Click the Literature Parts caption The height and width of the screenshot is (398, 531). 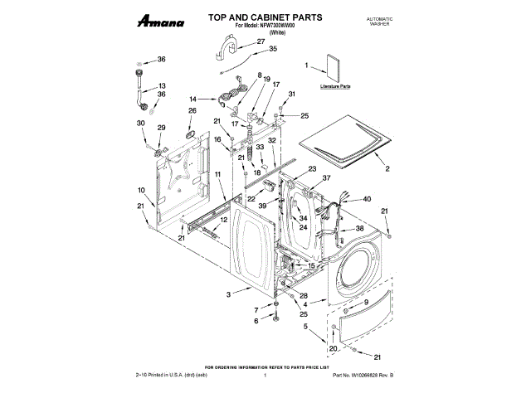334,86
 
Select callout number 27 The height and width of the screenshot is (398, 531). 261,41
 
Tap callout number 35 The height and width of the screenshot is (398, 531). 272,49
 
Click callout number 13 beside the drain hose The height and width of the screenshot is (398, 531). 162,85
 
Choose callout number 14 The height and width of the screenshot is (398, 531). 192,98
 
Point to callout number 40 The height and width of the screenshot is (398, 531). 367,199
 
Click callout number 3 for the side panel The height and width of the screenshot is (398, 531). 227,294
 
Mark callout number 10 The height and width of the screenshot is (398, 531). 141,191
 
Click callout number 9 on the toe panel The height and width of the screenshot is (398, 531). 366,304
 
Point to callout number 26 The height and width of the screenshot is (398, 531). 192,110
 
